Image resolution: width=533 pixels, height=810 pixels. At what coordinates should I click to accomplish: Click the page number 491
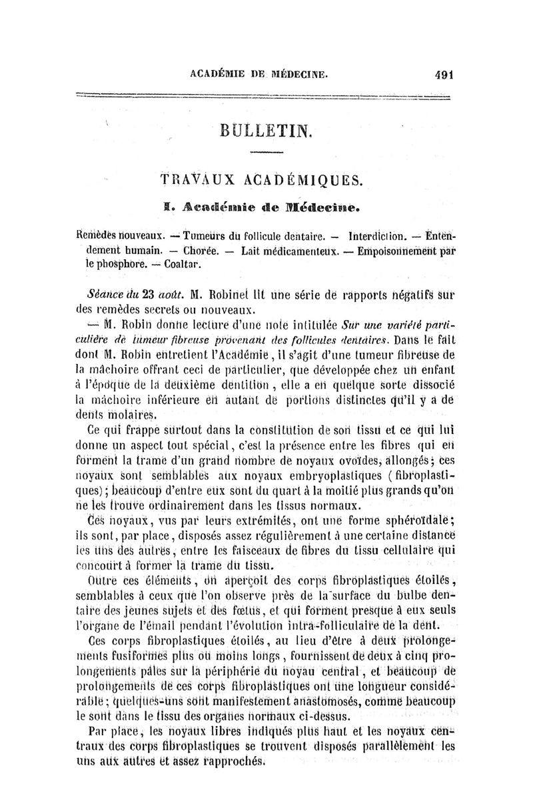coord(442,75)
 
